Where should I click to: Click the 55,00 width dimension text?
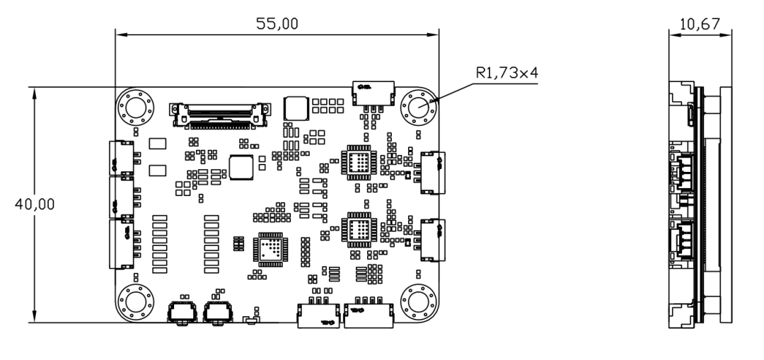277,23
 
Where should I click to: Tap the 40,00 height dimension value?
35,204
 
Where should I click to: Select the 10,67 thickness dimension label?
700,25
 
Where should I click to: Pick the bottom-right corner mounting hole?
419,302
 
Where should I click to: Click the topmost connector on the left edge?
121,158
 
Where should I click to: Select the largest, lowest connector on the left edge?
121,244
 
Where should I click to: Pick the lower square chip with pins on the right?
358,229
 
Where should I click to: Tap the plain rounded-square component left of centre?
243,168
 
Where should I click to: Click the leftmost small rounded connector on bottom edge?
182,311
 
